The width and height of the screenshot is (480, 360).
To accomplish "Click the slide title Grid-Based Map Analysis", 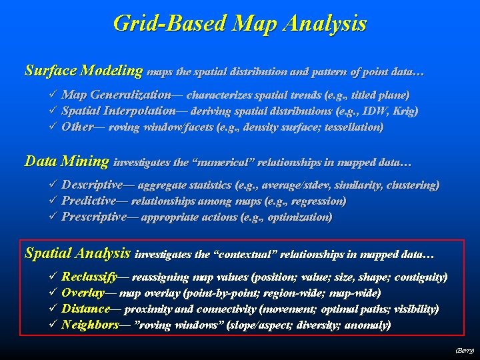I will point(240,24).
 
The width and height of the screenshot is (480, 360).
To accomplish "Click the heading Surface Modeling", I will point(84,70).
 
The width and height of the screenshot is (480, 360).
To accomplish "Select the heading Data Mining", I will point(67,161).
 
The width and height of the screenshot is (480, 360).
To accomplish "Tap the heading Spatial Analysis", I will point(77,253).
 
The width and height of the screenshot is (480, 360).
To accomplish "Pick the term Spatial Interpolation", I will point(119,111).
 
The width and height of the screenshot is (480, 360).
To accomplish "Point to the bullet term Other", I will point(77,127).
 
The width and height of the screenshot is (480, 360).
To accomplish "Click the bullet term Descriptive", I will point(92,185).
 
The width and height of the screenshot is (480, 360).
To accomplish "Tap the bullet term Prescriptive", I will point(94,217).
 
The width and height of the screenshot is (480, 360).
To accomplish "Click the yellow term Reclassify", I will point(89,277).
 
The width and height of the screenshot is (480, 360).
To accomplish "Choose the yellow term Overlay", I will point(83,293).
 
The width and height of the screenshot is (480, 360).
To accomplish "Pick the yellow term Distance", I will point(85,309).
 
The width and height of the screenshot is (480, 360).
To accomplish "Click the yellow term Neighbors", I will point(89,325).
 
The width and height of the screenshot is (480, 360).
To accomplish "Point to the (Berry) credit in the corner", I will point(464,350).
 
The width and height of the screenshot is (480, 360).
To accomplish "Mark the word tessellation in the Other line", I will point(352,127).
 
